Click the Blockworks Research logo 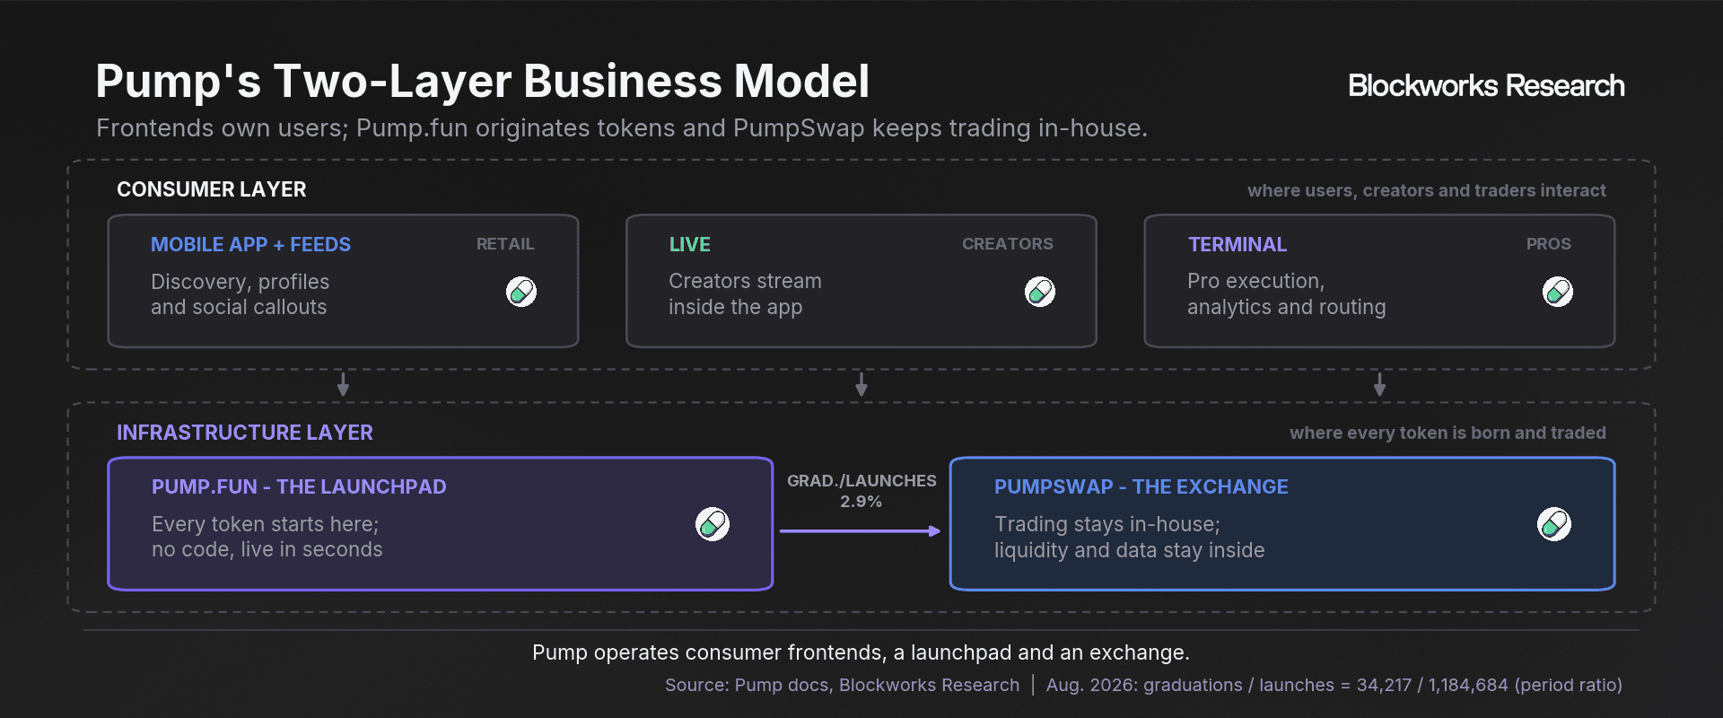tap(1486, 85)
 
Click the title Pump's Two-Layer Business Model tap(483, 81)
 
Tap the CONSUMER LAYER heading tap(212, 189)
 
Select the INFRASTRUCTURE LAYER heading tap(245, 433)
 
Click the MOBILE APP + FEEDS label tap(250, 244)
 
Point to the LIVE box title tap(689, 244)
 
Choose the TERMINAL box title tap(1237, 244)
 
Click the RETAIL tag tap(505, 244)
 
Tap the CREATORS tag tap(1008, 244)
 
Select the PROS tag tap(1549, 244)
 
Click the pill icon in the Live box tap(1040, 292)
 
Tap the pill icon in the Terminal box tap(1558, 292)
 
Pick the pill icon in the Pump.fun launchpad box tap(713, 524)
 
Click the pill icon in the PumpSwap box tap(1554, 524)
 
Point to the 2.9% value tap(861, 502)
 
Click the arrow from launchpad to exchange tap(861, 531)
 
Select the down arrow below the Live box tap(861, 384)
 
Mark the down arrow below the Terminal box tap(1380, 384)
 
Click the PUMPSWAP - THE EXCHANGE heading tap(1141, 486)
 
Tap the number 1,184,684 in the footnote tap(1468, 685)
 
